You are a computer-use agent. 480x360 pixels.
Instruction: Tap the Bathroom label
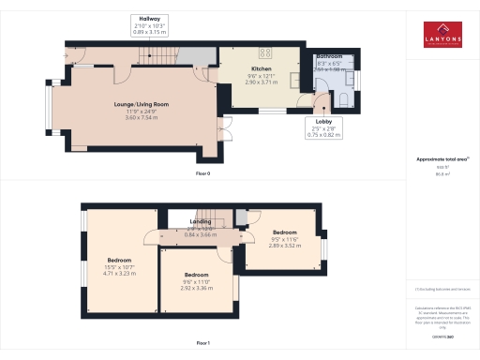tap(329, 56)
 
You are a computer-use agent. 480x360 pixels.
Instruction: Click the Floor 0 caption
tap(202, 173)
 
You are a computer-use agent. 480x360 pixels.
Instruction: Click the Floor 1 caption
tap(202, 344)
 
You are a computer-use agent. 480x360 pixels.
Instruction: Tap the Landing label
tap(201, 221)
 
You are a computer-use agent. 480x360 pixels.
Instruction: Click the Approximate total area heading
tap(442, 159)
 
